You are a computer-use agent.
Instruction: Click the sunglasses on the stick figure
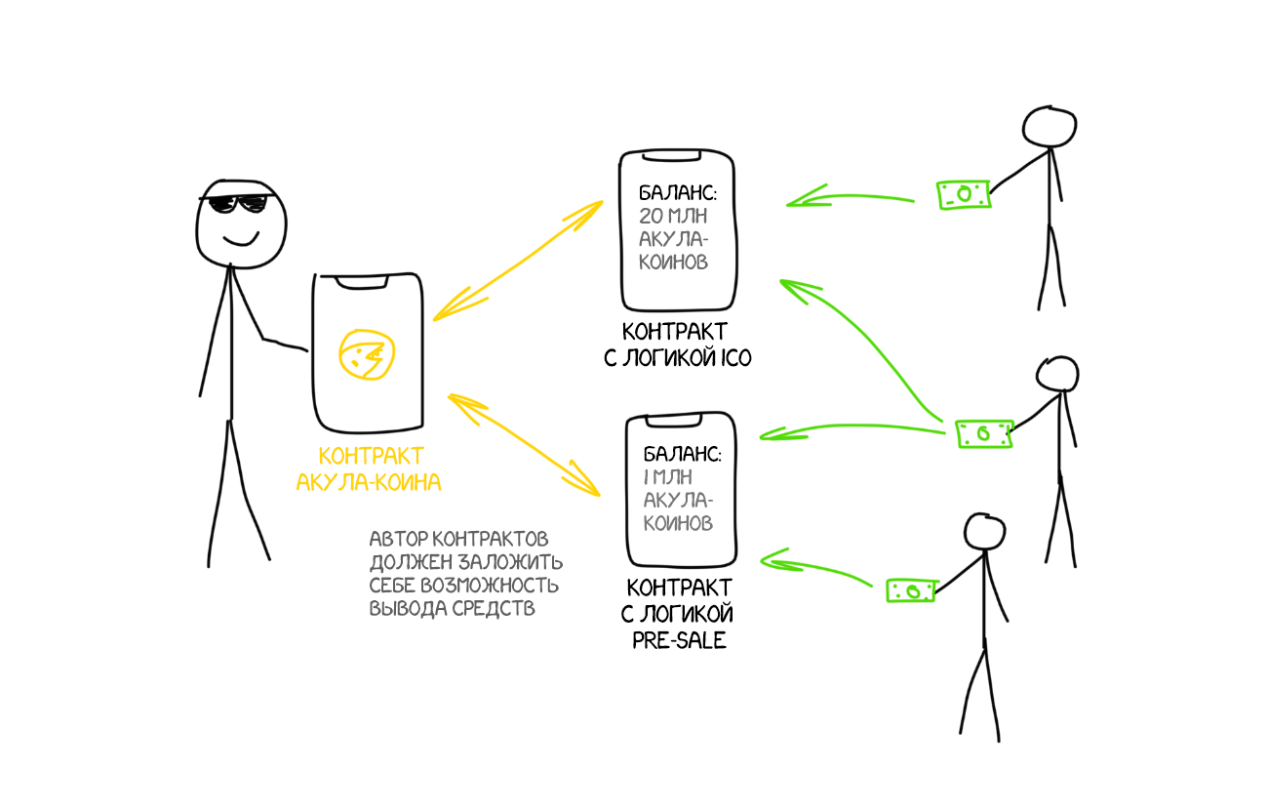(234, 205)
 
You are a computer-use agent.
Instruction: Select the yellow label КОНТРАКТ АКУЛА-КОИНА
(371, 468)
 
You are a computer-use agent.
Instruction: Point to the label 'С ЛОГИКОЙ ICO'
(677, 358)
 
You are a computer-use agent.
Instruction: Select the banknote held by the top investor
(964, 194)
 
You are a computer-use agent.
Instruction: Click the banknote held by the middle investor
(983, 433)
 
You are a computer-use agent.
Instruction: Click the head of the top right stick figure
(1048, 126)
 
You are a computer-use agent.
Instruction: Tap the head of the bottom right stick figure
(984, 532)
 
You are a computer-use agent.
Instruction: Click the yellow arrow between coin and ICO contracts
(518, 261)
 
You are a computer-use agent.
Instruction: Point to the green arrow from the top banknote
(849, 198)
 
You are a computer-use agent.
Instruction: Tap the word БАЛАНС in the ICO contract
(672, 191)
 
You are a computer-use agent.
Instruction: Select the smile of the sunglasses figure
(240, 238)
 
